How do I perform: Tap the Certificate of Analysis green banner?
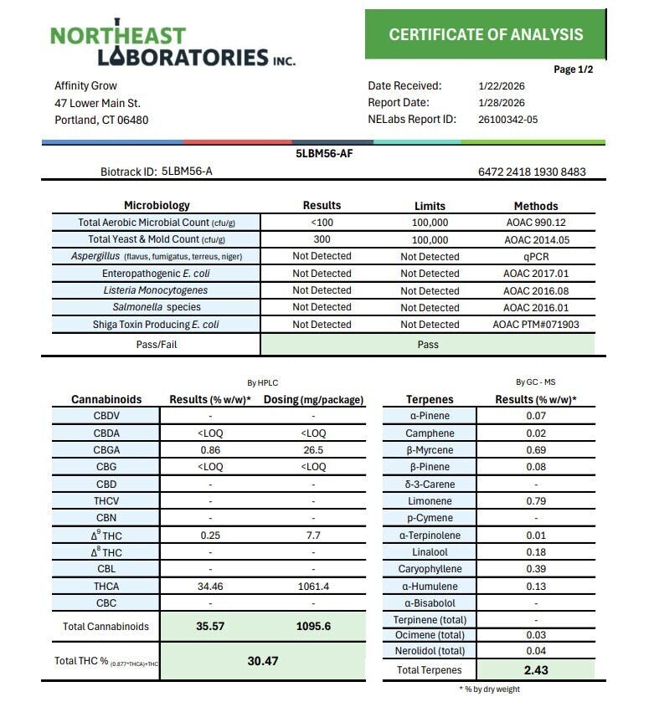point(486,34)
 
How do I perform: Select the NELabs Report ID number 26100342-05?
point(508,120)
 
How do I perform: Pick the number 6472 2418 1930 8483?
point(532,172)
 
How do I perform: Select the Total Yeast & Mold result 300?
point(322,239)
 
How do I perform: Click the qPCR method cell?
point(535,257)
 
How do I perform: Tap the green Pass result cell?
point(428,344)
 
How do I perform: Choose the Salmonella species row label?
point(157,307)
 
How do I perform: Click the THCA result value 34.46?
point(210,587)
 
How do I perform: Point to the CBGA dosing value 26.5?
point(313,450)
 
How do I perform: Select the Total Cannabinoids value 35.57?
point(210,626)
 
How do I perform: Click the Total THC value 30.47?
point(262,661)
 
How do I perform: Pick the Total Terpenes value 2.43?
point(536,670)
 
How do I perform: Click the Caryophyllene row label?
point(430,569)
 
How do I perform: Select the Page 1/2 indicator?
point(574,69)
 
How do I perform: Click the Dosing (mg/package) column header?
point(314,400)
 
